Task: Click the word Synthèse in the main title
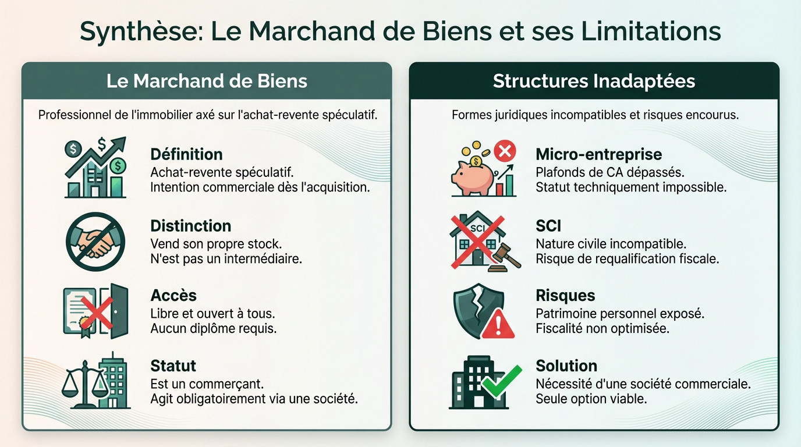(x=139, y=31)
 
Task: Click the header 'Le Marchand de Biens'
(x=207, y=81)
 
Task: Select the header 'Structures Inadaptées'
(x=594, y=81)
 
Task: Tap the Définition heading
(x=186, y=154)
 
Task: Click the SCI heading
(x=548, y=226)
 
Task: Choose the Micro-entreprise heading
(x=598, y=154)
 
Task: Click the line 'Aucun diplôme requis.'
(x=213, y=328)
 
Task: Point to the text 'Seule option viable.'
(x=591, y=399)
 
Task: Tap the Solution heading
(x=566, y=366)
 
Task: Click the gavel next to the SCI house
(x=504, y=259)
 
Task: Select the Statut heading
(x=173, y=366)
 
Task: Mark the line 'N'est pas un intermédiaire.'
(x=226, y=259)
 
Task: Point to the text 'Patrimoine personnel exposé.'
(x=619, y=313)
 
